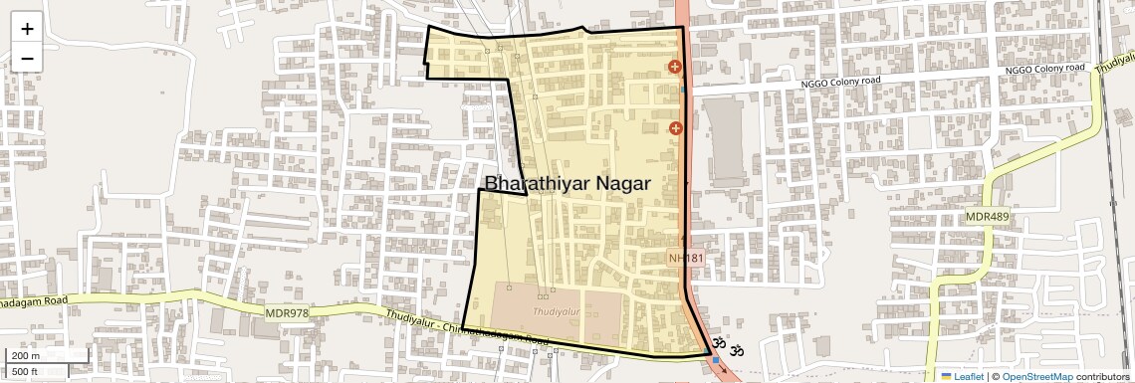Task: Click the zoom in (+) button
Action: pos(27,29)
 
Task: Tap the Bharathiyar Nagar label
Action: pos(567,183)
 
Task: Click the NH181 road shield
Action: pos(686,259)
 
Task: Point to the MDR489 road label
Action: pos(987,217)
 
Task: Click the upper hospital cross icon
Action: pos(675,68)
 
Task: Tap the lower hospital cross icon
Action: pos(675,127)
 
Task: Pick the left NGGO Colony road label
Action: pos(841,83)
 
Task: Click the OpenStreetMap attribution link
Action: pos(1036,376)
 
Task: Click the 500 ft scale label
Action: pos(26,371)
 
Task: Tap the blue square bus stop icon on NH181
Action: pos(715,360)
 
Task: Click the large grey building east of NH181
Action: pos(725,142)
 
